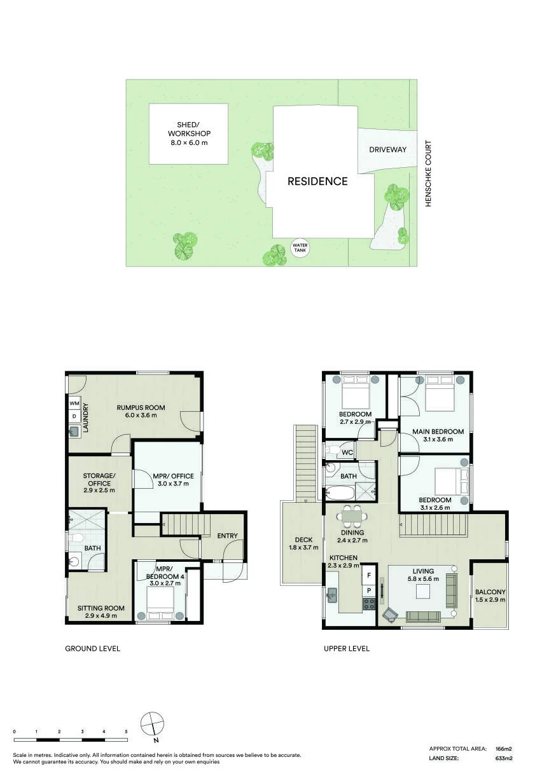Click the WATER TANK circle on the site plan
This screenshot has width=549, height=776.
point(300,248)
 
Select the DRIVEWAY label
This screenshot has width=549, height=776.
point(387,149)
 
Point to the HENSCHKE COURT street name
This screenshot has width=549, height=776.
point(428,174)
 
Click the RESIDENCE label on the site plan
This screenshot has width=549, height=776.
point(317,181)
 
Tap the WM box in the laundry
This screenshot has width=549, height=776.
point(74,403)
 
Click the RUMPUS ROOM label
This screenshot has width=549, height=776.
point(141,407)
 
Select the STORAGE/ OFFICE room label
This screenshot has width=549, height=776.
point(99,479)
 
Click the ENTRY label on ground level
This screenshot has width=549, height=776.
point(227,536)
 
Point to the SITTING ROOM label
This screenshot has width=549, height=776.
point(101,608)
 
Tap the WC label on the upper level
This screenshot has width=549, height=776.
point(347,453)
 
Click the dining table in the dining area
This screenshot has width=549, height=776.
point(352,516)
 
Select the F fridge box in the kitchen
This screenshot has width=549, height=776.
point(369,575)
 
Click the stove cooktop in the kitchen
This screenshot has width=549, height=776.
point(369,604)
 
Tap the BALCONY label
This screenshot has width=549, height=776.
point(490,592)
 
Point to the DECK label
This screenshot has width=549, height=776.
point(303,540)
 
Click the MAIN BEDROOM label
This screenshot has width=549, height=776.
point(438,432)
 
